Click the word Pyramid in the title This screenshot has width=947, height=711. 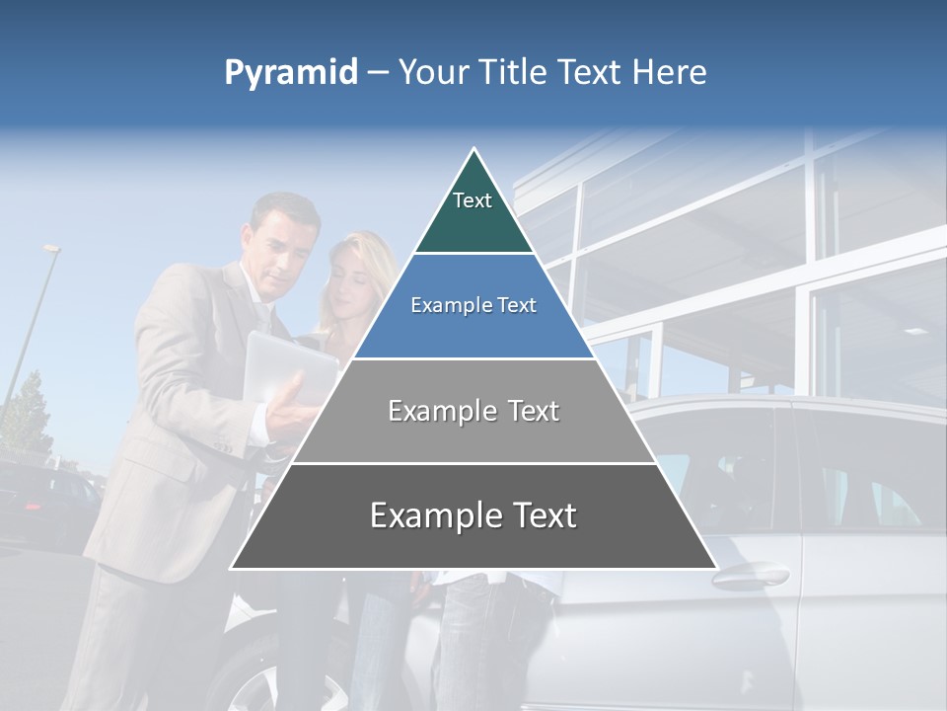point(290,73)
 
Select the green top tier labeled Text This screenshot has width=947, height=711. point(473,212)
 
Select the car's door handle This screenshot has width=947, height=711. point(751,576)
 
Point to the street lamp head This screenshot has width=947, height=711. point(51,250)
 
